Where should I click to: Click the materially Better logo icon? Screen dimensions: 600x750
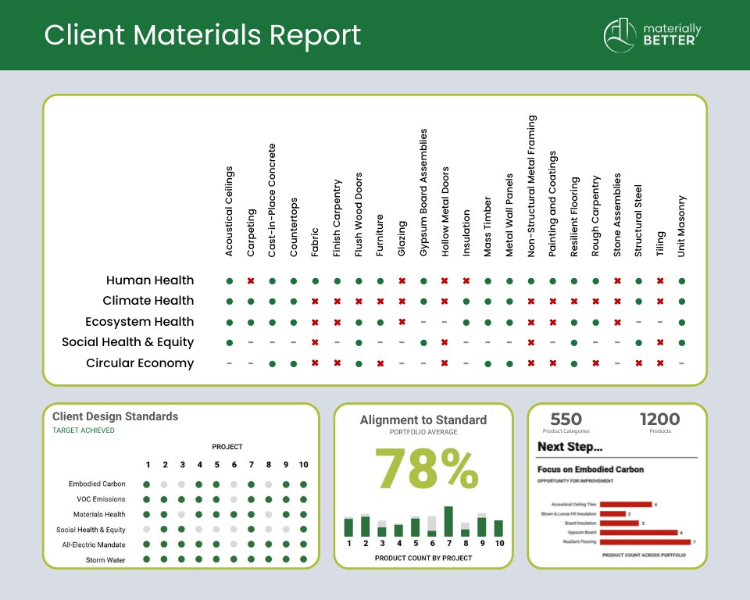(x=621, y=35)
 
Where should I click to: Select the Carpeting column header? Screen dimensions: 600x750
(x=251, y=232)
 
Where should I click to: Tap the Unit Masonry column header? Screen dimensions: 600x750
(x=682, y=226)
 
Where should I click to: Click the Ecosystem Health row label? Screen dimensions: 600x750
(x=140, y=322)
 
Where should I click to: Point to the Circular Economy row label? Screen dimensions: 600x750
(x=140, y=363)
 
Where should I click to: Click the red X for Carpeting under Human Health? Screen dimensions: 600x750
(x=251, y=280)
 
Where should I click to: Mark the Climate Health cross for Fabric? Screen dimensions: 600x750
(x=316, y=301)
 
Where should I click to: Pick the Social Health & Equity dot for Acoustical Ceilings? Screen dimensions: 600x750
(x=230, y=342)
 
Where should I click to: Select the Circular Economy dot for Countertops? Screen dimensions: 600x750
(x=294, y=363)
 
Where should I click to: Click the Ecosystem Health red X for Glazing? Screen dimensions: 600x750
(x=402, y=322)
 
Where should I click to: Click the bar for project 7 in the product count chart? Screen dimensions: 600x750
(x=448, y=521)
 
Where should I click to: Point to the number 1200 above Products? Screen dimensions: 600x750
(x=659, y=420)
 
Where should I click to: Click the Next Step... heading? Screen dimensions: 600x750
(x=570, y=447)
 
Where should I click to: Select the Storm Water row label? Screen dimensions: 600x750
(x=105, y=559)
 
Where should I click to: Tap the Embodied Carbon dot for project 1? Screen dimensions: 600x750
(x=147, y=484)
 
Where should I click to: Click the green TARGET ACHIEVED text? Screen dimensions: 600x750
(x=83, y=430)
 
